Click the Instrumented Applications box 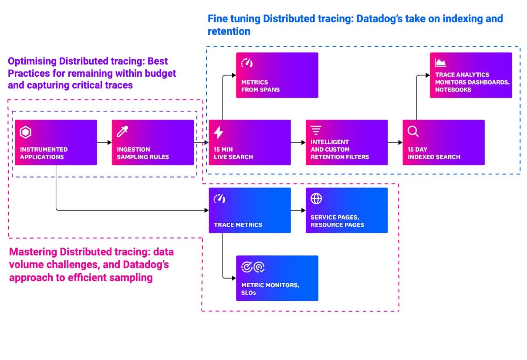click(x=56, y=143)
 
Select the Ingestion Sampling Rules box click(x=152, y=143)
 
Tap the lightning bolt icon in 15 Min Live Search click(x=219, y=132)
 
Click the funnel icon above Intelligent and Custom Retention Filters click(x=316, y=130)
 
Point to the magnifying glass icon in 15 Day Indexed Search click(x=412, y=132)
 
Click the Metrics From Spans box click(x=277, y=75)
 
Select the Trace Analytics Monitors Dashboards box click(x=471, y=75)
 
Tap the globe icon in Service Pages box click(x=316, y=199)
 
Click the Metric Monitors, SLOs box click(x=277, y=278)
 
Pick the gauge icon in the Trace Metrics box click(x=219, y=199)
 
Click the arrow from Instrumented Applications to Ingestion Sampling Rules click(x=104, y=143)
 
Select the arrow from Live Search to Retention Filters click(x=298, y=143)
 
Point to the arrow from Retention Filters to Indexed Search click(x=395, y=143)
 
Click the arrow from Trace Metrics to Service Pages click(x=298, y=211)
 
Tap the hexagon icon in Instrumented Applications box click(x=26, y=132)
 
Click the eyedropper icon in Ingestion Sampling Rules click(x=122, y=132)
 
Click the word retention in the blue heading click(x=229, y=31)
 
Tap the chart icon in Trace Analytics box click(x=440, y=63)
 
